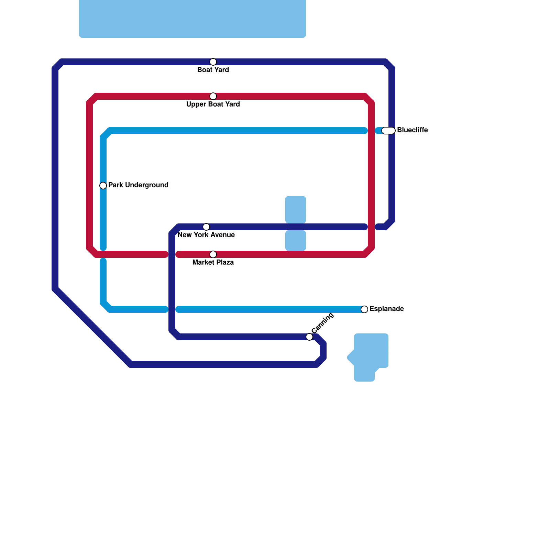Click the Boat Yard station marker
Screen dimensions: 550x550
[213, 62]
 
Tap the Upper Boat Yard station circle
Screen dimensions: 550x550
[213, 96]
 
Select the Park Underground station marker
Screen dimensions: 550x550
[103, 186]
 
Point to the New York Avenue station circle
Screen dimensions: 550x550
[206, 227]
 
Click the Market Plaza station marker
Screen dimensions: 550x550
[213, 254]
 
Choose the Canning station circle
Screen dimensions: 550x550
[309, 337]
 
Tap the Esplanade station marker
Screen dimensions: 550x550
[364, 309]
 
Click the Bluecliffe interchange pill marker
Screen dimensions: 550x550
[388, 131]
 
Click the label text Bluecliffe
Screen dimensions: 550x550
[412, 130]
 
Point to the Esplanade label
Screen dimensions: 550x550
[386, 309]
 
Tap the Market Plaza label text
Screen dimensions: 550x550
[213, 263]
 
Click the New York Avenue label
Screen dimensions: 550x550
[206, 235]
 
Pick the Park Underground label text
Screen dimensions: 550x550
[138, 185]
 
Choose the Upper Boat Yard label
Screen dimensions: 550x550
[213, 104]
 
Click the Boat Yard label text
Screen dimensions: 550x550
[213, 70]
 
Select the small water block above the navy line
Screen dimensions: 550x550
[296, 209]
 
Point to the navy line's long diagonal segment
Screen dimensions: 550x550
[93, 327]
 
